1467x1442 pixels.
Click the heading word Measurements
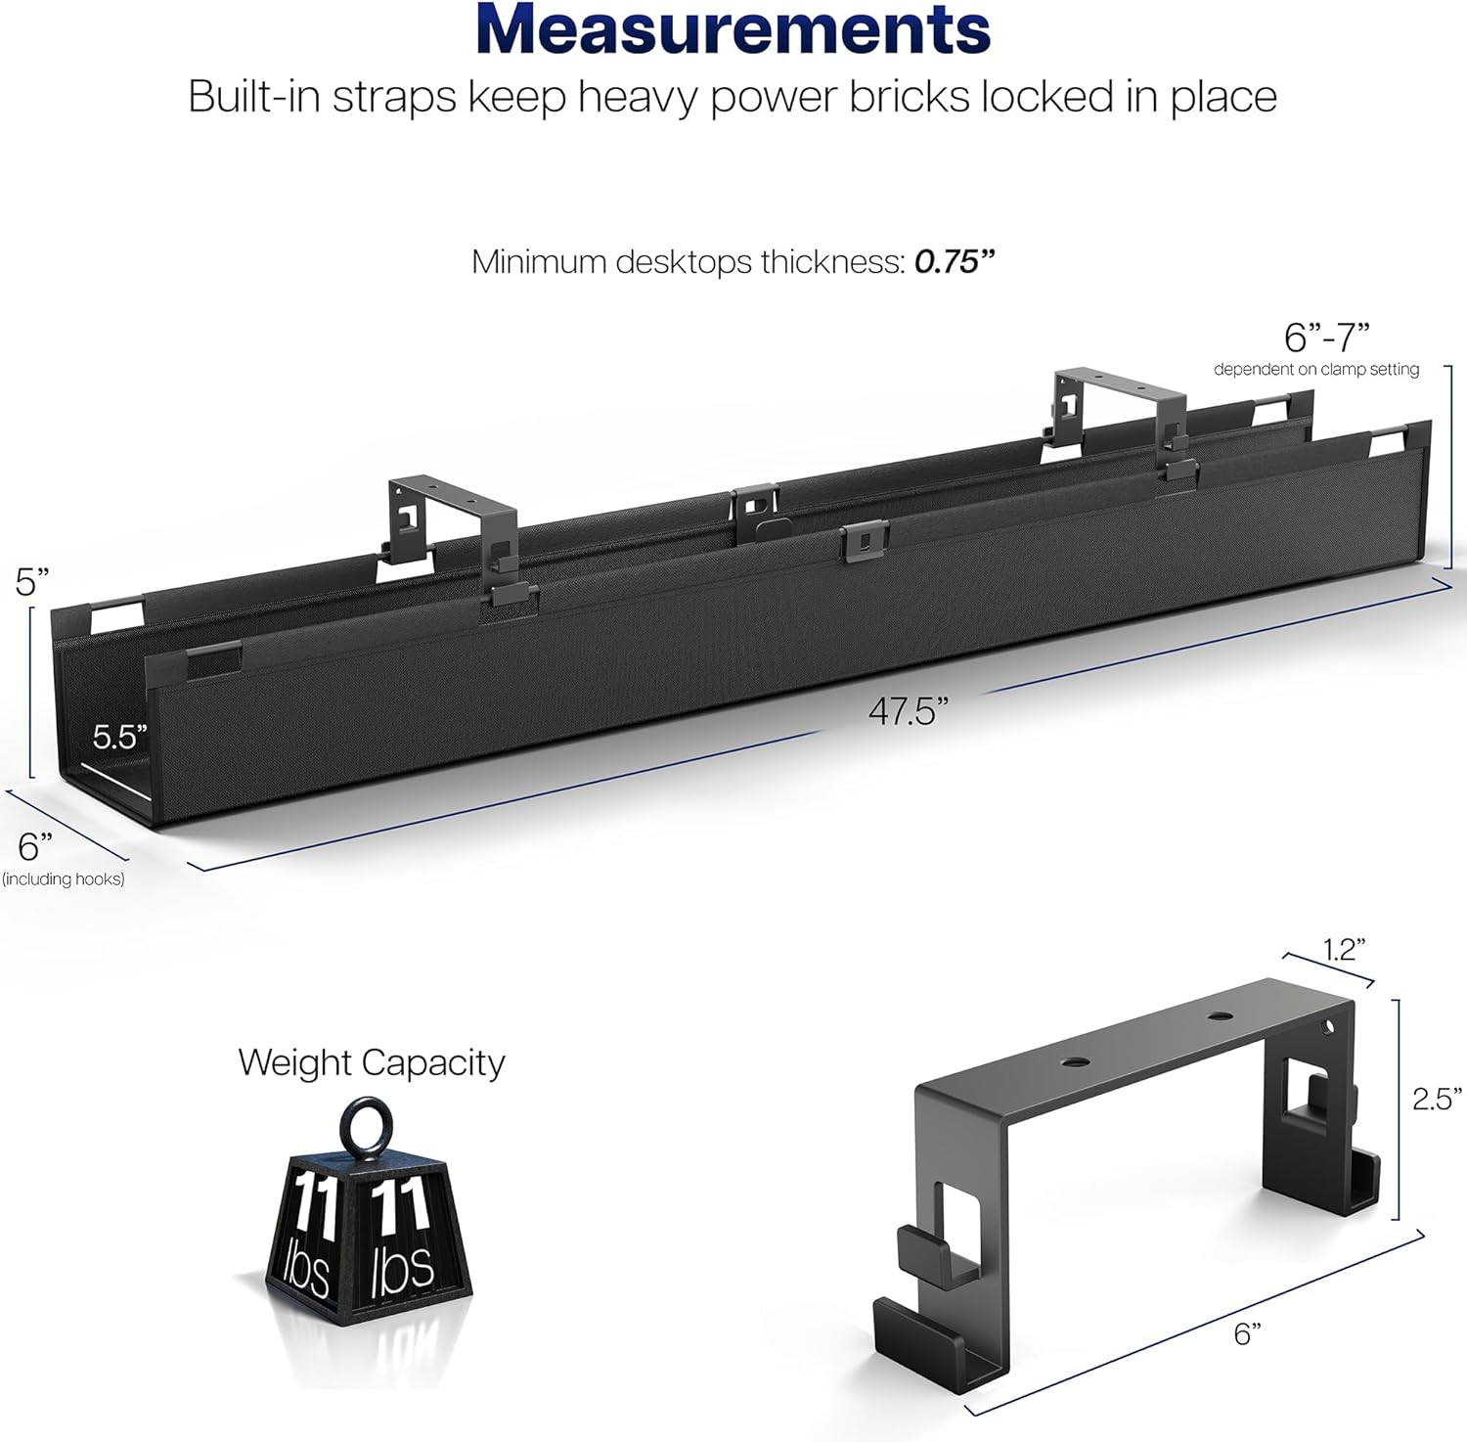pyautogui.click(x=733, y=30)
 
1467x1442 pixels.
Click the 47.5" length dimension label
pyautogui.click(x=909, y=711)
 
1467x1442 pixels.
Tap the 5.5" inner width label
pyautogui.click(x=120, y=737)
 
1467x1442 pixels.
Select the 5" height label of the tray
pyautogui.click(x=32, y=582)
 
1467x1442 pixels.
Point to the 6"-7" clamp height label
pyautogui.click(x=1327, y=338)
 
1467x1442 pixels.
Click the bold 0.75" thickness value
pyautogui.click(x=955, y=262)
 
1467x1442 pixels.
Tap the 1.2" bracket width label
pyautogui.click(x=1344, y=949)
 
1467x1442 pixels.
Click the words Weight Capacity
pyautogui.click(x=372, y=1063)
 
